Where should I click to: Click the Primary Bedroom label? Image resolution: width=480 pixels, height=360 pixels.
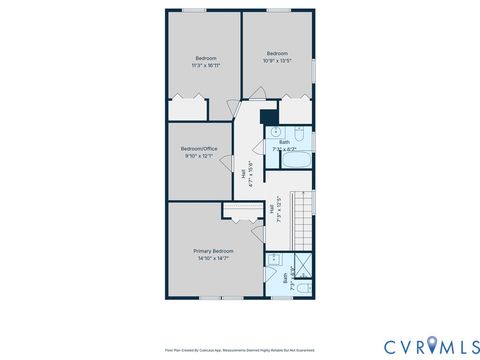coord(214,250)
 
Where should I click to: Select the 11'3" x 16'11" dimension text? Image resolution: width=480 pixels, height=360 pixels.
coord(207,65)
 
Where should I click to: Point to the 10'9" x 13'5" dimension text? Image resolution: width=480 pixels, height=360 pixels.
coord(277,60)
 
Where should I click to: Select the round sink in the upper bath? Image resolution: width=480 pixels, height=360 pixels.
coord(274,132)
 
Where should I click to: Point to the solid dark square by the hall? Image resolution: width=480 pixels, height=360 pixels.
coord(268,116)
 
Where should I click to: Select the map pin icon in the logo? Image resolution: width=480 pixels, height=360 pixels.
coord(431,345)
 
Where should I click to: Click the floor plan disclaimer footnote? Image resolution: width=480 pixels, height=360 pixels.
coord(239,350)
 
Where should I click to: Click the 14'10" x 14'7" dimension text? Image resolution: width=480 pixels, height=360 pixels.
coord(214,258)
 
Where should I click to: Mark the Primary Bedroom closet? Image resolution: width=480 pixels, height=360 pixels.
coord(241,209)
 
